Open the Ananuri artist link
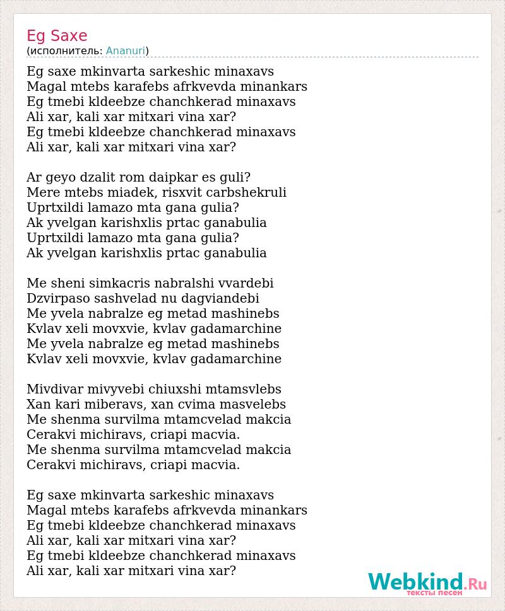click(x=126, y=51)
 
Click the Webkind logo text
click(x=416, y=581)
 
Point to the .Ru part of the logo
click(x=477, y=583)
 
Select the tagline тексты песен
click(x=434, y=593)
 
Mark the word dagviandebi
click(x=220, y=299)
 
